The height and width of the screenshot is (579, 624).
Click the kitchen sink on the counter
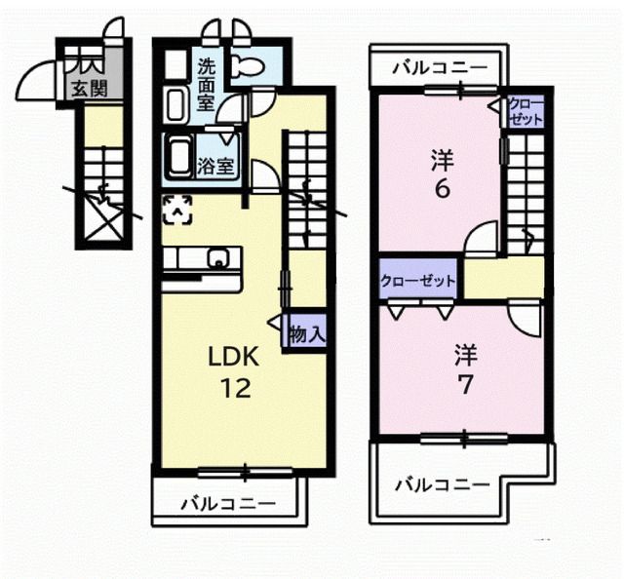click(221, 259)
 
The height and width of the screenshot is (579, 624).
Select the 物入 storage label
click(307, 333)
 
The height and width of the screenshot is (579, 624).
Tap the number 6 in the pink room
click(442, 188)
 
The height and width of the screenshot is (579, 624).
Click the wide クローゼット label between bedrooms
click(417, 281)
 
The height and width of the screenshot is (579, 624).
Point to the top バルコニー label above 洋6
click(440, 69)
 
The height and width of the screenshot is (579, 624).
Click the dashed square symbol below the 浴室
click(176, 208)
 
